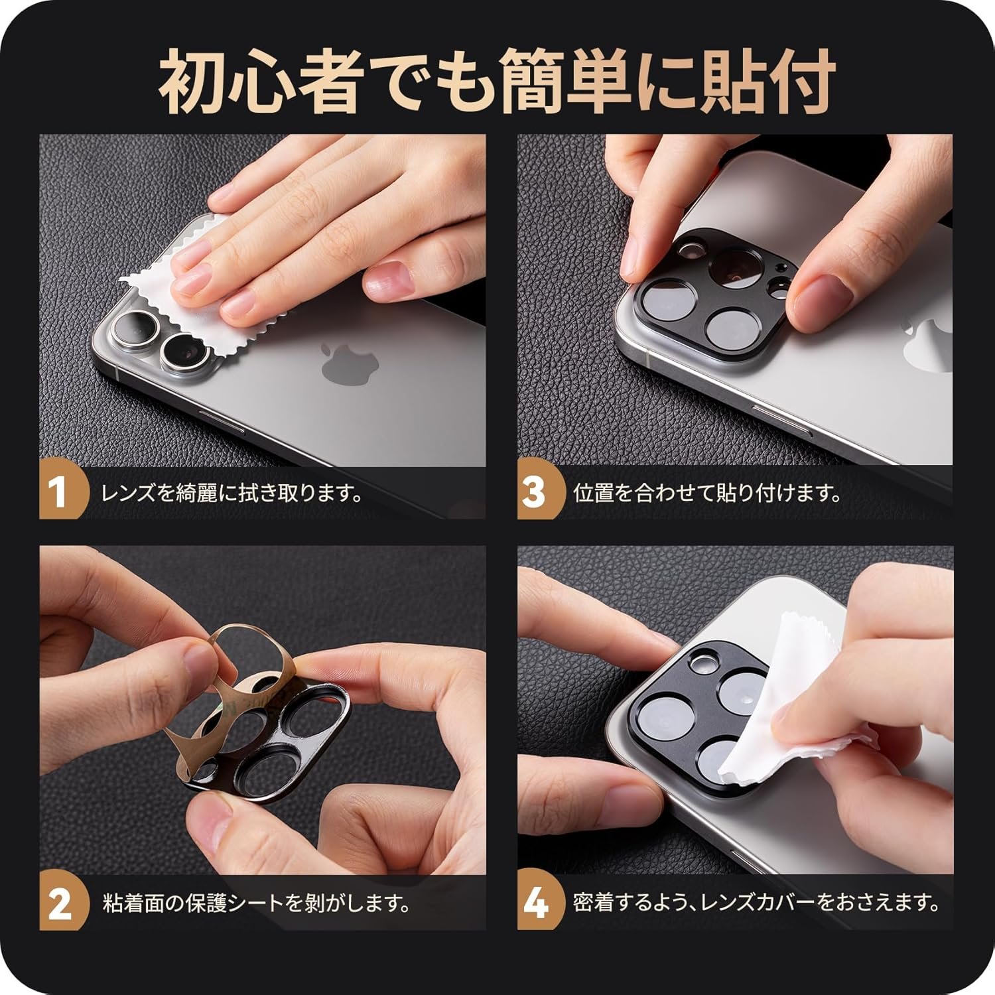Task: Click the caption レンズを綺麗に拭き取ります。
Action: click(232, 494)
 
